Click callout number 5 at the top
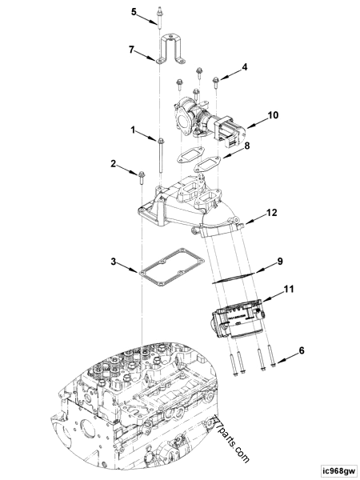(134, 12)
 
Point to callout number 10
(273, 115)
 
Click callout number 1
(133, 128)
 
